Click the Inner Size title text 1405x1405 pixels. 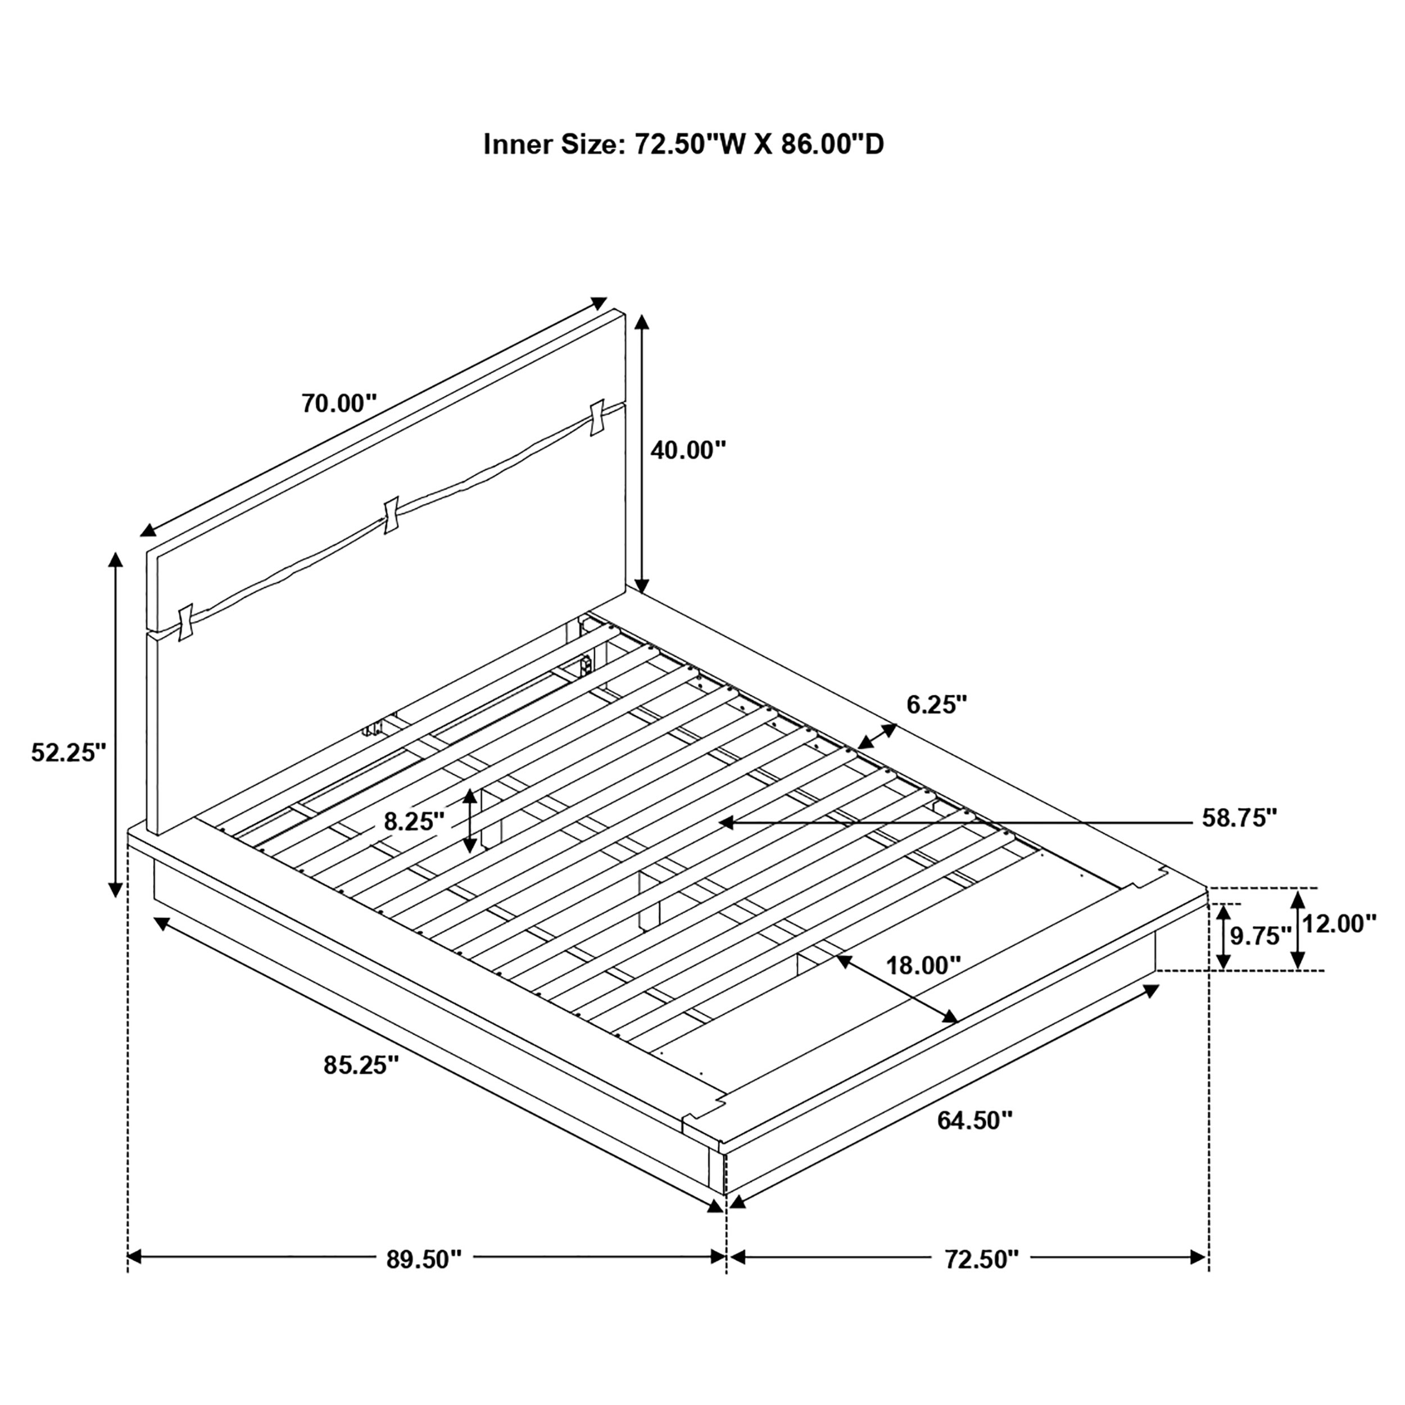click(683, 145)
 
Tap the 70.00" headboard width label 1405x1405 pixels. click(339, 404)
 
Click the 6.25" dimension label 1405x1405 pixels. click(937, 704)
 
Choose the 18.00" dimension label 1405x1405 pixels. click(923, 966)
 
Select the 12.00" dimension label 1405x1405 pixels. click(1339, 924)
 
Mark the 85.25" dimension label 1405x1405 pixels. click(361, 1066)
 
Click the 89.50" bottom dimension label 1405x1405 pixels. click(424, 1259)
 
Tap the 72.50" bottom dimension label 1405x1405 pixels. click(982, 1259)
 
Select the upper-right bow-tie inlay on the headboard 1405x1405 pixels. click(598, 418)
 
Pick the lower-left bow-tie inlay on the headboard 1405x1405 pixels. click(185, 623)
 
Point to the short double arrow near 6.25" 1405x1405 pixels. click(877, 736)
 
